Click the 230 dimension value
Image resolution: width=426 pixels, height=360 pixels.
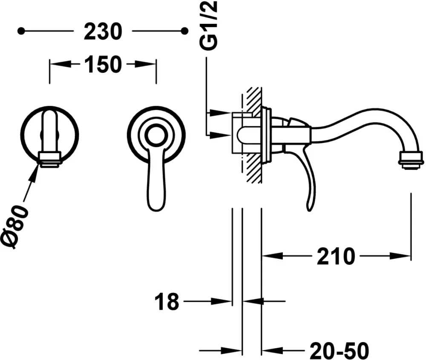coord(103,31)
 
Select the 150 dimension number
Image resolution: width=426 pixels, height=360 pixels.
coord(103,65)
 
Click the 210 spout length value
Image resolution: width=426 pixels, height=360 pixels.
coord(336,256)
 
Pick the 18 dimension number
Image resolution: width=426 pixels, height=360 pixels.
coord(167,301)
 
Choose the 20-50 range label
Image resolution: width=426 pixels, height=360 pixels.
coord(340,351)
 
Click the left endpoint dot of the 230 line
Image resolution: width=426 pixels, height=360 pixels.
coord(21,31)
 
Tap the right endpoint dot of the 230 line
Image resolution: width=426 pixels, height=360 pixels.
coord(185,31)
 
